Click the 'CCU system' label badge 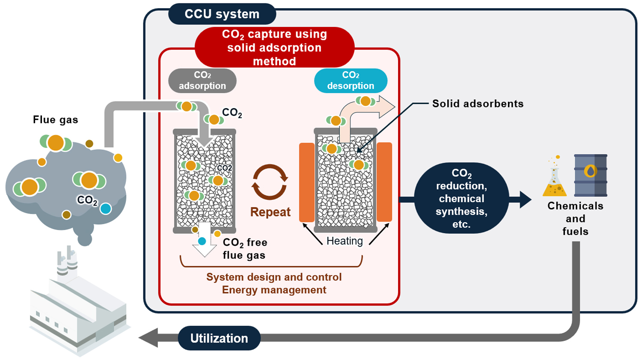tap(222, 14)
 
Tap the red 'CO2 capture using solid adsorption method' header tap(274, 47)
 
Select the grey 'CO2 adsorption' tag tap(202, 80)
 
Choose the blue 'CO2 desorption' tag tap(351, 80)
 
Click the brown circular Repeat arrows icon tap(270, 182)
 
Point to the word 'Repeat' tap(270, 212)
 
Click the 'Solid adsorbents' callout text tap(478, 104)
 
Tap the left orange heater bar tap(306, 182)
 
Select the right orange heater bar tap(384, 182)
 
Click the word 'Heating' tap(345, 241)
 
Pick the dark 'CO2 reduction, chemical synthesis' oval tap(461, 198)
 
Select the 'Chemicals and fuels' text tap(575, 218)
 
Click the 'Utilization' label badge tap(219, 338)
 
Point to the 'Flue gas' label tap(56, 120)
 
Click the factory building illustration tap(77, 308)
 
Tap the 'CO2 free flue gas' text tap(245, 249)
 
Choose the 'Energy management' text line tap(274, 290)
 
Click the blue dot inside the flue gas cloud tap(105, 208)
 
